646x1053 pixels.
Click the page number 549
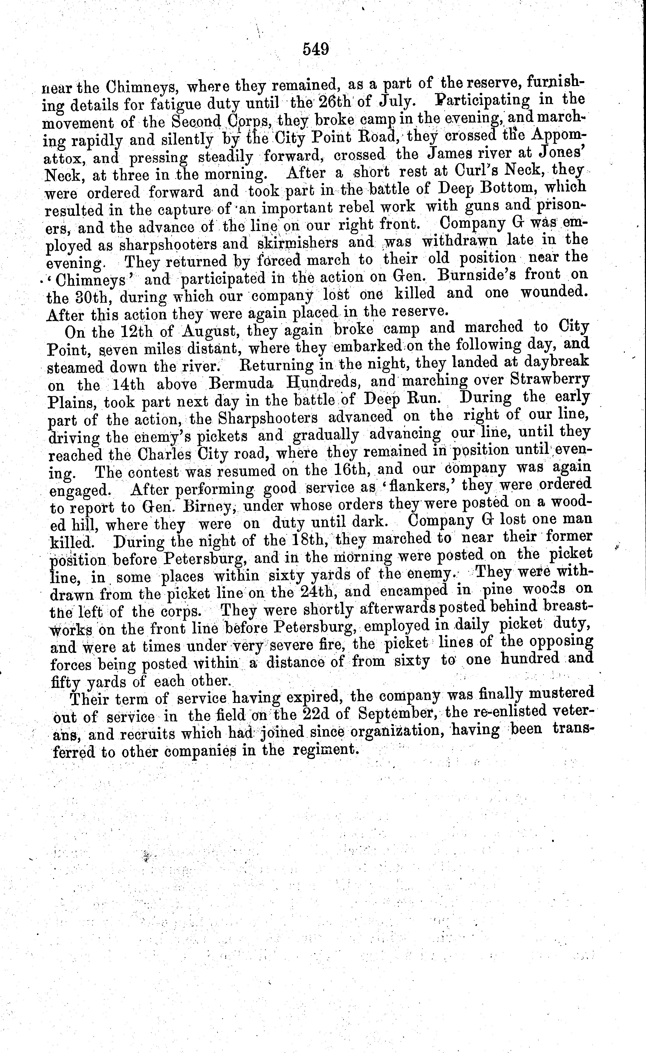coord(316,50)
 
